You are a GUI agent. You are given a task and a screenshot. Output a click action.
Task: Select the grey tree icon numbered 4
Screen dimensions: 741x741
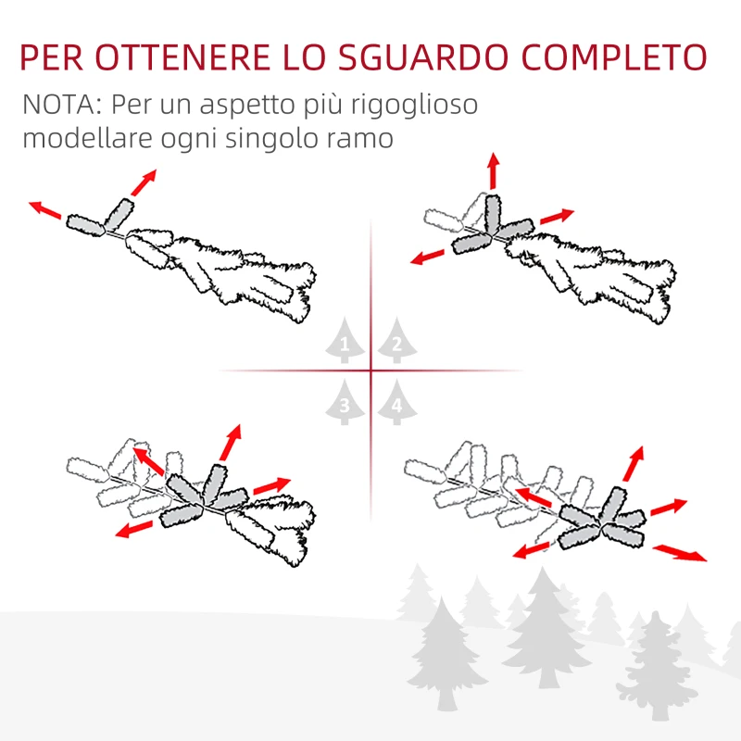click(x=396, y=403)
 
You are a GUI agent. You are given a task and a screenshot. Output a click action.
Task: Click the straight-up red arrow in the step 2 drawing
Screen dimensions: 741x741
click(x=493, y=170)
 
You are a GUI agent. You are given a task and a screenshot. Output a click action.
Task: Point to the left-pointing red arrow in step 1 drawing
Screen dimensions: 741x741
click(x=44, y=209)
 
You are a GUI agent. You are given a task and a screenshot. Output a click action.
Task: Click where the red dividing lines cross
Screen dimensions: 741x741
click(x=370, y=371)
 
